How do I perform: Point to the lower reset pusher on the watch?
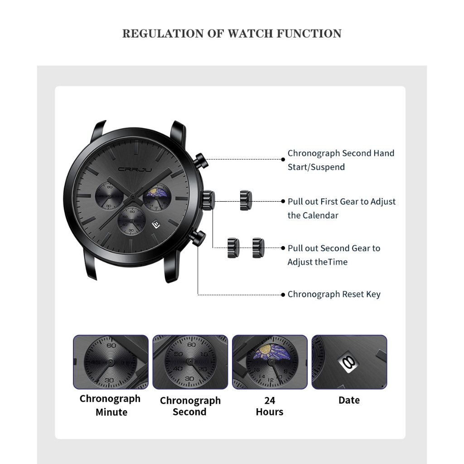198,238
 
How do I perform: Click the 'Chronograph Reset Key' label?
334,295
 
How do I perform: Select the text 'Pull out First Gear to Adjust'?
342,202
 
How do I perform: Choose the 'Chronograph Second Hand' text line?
341,153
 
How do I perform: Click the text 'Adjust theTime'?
317,262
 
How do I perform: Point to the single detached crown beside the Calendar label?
245,200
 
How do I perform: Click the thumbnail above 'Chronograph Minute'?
111,362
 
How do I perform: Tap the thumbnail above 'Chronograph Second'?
190,362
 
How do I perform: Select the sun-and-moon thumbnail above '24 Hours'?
270,362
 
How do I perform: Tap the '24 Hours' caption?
270,406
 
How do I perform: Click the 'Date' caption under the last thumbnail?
349,400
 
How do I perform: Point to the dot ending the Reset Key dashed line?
283,295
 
